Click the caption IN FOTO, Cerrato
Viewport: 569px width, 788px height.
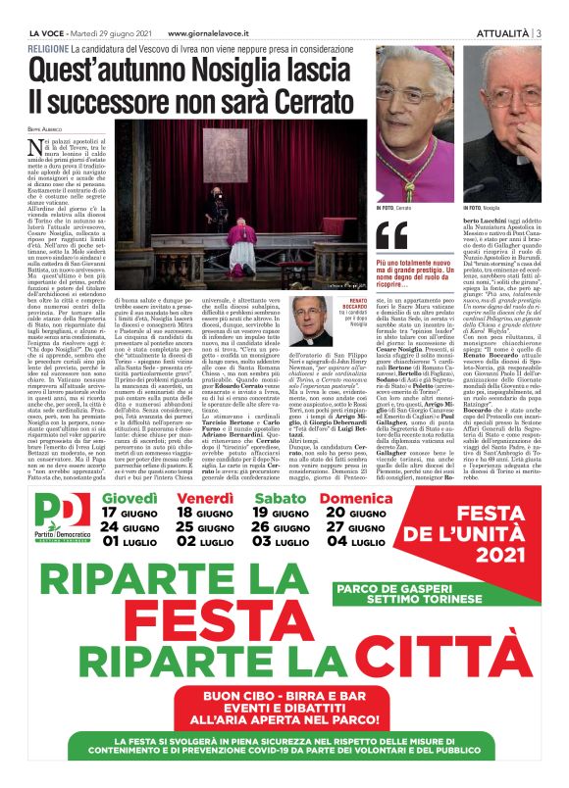pos(394,209)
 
